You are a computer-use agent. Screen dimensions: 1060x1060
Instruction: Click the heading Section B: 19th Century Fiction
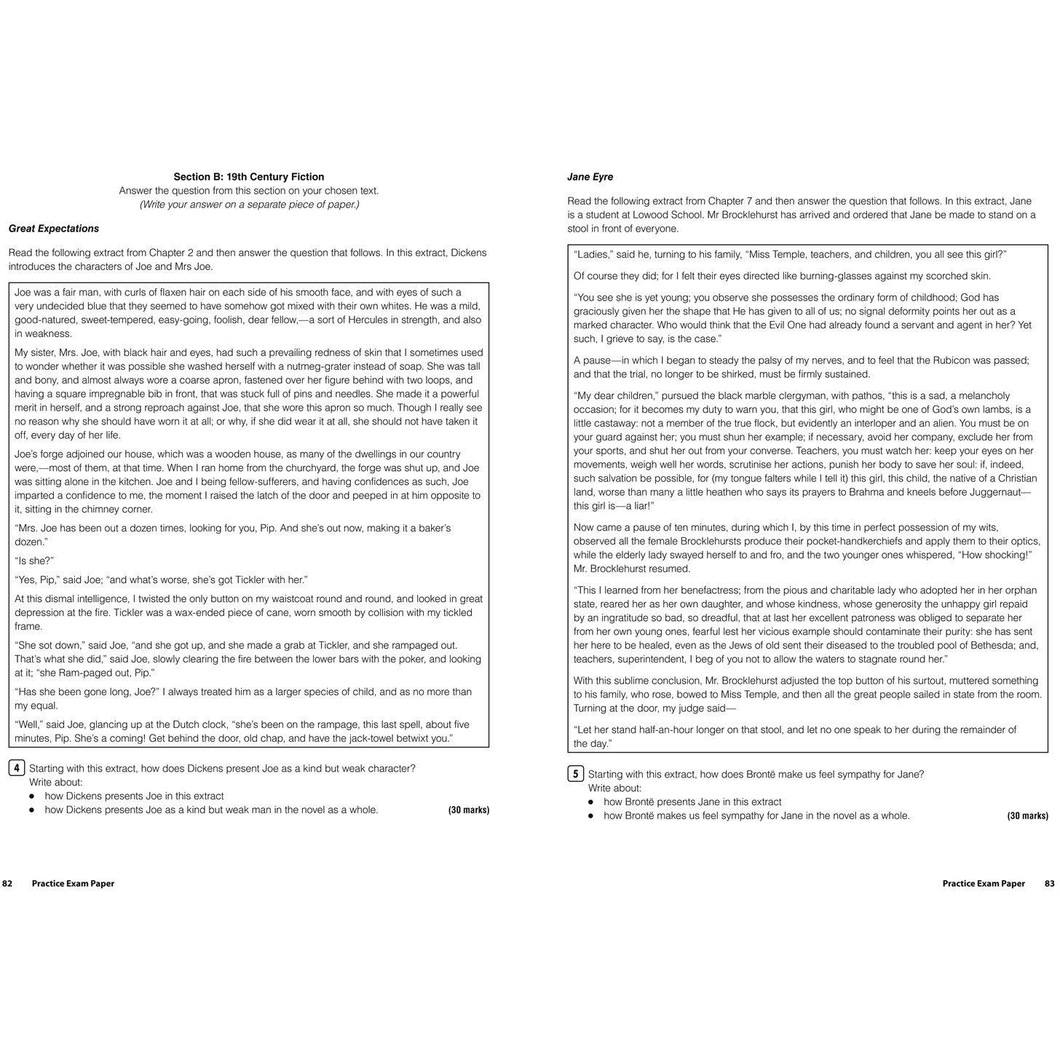(248, 177)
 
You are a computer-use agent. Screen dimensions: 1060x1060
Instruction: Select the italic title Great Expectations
(54, 229)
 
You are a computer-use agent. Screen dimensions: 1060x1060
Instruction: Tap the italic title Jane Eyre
(590, 177)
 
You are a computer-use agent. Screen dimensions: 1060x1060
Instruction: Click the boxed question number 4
(17, 768)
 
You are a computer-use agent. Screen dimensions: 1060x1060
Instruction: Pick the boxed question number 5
(576, 774)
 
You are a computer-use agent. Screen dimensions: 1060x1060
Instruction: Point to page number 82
(7, 884)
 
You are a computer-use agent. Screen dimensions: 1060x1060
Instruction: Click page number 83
(1049, 884)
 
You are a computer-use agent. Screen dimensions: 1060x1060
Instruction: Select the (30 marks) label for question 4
(469, 810)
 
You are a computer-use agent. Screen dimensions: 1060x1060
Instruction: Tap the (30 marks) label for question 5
(1027, 816)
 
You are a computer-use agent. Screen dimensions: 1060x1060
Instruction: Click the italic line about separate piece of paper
(249, 205)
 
